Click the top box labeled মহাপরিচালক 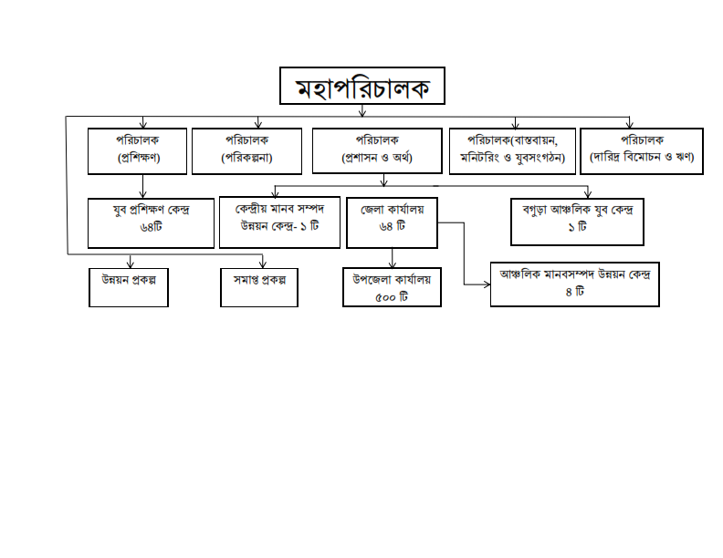[x=362, y=86]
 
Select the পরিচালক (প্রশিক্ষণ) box [x=138, y=151]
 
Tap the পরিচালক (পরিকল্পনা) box [x=246, y=151]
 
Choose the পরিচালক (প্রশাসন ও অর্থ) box [x=377, y=150]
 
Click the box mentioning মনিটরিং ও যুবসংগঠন [x=512, y=151]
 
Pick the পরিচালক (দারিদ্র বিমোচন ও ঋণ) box [x=642, y=151]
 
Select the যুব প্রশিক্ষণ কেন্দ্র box [x=151, y=223]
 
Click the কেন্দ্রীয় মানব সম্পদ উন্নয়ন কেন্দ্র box [x=279, y=222]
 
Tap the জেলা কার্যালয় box [x=392, y=222]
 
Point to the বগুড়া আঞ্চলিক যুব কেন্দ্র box [x=577, y=222]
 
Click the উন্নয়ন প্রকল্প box [x=129, y=287]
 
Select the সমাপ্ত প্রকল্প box [x=259, y=287]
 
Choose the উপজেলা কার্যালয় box [x=392, y=287]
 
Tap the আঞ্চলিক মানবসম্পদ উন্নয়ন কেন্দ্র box [x=575, y=284]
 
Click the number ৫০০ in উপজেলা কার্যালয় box [x=385, y=297]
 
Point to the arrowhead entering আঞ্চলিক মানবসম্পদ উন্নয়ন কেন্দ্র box [x=487, y=284]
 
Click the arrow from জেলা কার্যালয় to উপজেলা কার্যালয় [x=393, y=258]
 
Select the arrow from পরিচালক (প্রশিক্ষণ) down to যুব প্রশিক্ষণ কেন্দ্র [x=143, y=186]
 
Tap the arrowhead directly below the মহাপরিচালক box [x=362, y=113]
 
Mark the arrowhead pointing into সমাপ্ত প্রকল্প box [x=263, y=264]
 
